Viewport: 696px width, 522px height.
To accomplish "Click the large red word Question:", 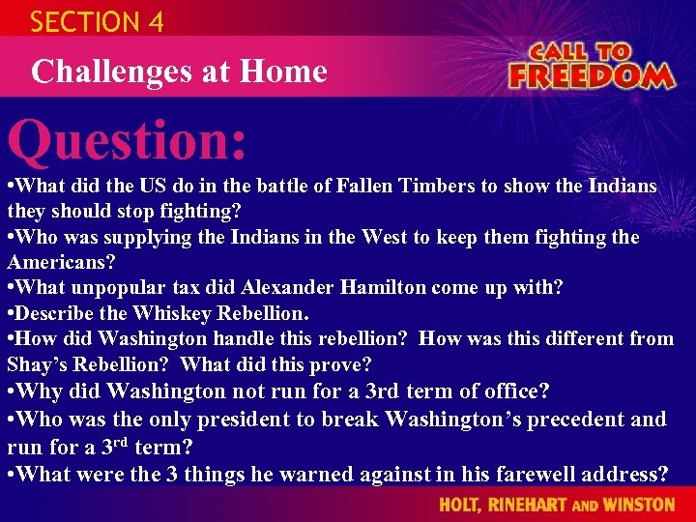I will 128,141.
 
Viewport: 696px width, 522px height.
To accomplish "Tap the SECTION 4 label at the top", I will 97,21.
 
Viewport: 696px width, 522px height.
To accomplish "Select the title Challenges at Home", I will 179,71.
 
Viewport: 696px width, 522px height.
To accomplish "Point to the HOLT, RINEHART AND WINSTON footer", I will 557,505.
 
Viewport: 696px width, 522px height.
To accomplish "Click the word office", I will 512,391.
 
